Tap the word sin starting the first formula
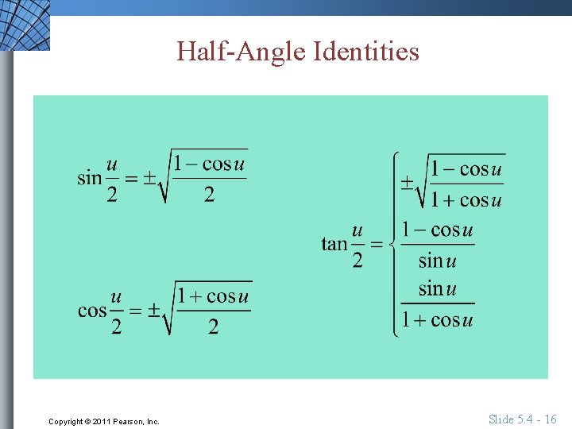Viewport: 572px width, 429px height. pyautogui.click(x=89, y=177)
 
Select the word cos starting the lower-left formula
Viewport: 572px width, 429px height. pyautogui.click(x=92, y=310)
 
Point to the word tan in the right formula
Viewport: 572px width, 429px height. pyautogui.click(x=334, y=243)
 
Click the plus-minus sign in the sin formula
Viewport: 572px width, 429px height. pyautogui.click(x=149, y=179)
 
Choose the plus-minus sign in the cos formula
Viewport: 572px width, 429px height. pyautogui.click(x=153, y=311)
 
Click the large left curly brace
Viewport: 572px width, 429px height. pyautogui.click(x=395, y=244)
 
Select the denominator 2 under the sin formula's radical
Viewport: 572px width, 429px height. pyautogui.click(x=209, y=194)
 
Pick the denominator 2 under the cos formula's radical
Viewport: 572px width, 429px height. pyautogui.click(x=213, y=326)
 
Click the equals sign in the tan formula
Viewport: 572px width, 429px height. pyautogui.click(x=377, y=244)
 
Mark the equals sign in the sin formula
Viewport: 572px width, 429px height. pyautogui.click(x=131, y=179)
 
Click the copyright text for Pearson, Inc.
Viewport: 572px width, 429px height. pyautogui.click(x=103, y=421)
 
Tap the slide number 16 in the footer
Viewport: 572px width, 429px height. pyautogui.click(x=550, y=419)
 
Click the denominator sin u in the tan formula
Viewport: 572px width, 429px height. pyautogui.click(x=437, y=260)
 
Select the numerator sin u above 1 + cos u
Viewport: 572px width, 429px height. pyautogui.click(x=437, y=288)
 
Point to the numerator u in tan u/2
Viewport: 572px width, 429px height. pyautogui.click(x=357, y=231)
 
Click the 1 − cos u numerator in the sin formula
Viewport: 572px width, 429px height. pyautogui.click(x=209, y=164)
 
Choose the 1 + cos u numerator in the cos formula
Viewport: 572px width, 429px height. pyautogui.click(x=213, y=296)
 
